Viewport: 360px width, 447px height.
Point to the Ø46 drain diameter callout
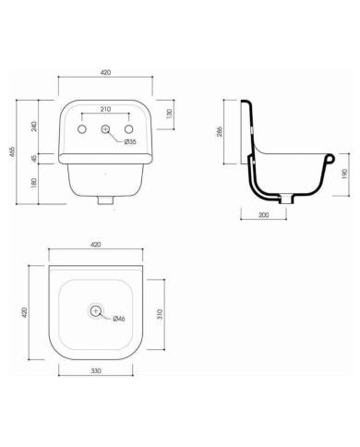(118, 320)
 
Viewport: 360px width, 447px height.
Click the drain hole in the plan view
(96, 311)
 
